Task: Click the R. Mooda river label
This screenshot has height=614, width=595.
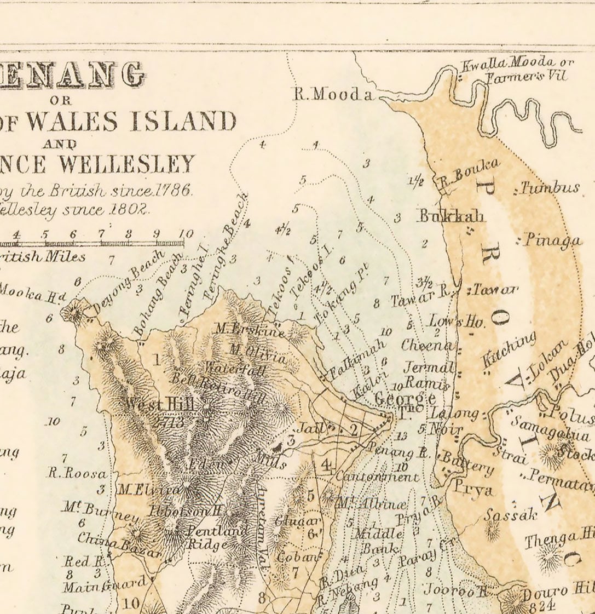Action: (333, 94)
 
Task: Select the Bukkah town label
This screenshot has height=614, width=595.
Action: (452, 216)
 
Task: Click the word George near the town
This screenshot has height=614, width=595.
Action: (405, 398)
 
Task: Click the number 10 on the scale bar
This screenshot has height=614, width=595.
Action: (186, 234)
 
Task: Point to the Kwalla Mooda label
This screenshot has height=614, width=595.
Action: (516, 63)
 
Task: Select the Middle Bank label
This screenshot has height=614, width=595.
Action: (379, 540)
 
